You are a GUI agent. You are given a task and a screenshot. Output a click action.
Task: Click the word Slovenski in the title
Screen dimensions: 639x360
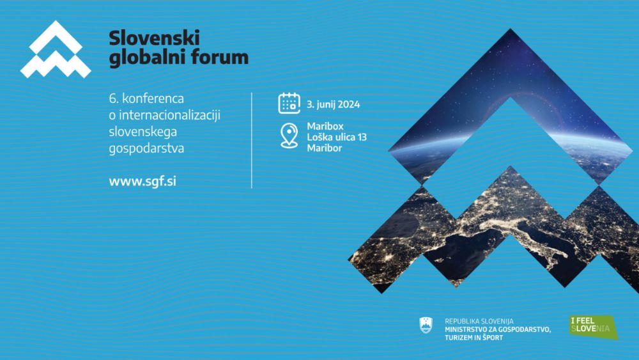[154, 38]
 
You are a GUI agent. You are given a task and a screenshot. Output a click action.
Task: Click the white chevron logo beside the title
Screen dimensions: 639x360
[56, 49]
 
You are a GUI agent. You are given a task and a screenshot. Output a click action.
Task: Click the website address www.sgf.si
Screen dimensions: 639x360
[142, 182]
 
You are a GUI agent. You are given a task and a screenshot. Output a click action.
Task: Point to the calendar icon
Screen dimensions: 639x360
[289, 103]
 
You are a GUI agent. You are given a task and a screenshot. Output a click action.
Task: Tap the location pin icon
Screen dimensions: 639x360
[289, 136]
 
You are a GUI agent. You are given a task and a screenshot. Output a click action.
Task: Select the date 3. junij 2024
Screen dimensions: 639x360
[334, 104]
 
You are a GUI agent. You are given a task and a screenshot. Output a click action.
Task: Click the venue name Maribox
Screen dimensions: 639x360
[325, 127]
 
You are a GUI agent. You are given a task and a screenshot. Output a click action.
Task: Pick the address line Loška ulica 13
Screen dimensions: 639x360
[337, 137]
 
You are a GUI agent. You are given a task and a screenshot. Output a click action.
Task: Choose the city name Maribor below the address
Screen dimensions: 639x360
[325, 148]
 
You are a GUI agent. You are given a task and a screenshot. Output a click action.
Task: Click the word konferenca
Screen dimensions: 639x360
[153, 98]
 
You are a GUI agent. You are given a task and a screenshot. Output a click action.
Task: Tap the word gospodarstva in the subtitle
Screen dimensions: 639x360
[146, 148]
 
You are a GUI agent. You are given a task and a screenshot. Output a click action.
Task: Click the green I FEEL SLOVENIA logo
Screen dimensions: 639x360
[594, 327]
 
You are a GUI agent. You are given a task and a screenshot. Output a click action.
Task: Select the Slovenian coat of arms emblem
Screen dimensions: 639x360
[426, 325]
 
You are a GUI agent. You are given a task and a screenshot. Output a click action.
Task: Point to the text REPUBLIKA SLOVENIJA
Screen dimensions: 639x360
[479, 321]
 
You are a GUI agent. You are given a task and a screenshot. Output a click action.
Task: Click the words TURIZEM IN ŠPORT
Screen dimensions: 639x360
[474, 338]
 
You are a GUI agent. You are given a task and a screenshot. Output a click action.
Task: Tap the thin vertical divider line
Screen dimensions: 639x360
[252, 140]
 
